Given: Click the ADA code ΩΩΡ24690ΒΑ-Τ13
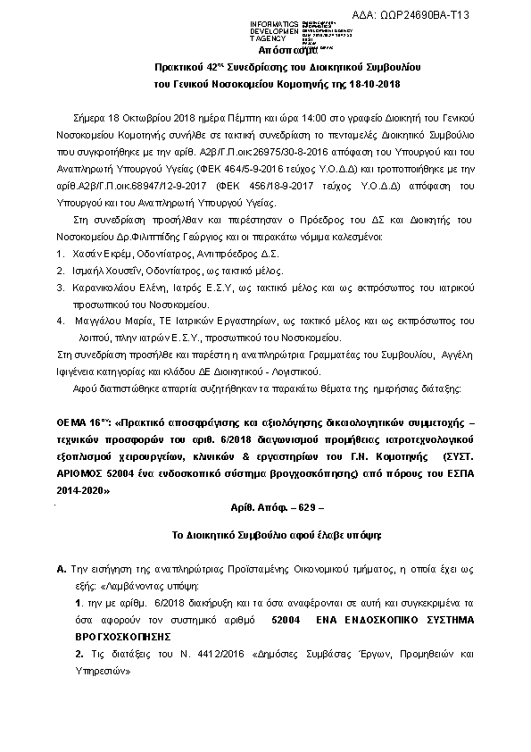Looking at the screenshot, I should [425, 15].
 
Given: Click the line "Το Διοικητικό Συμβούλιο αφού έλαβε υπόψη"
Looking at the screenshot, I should [264, 534].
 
